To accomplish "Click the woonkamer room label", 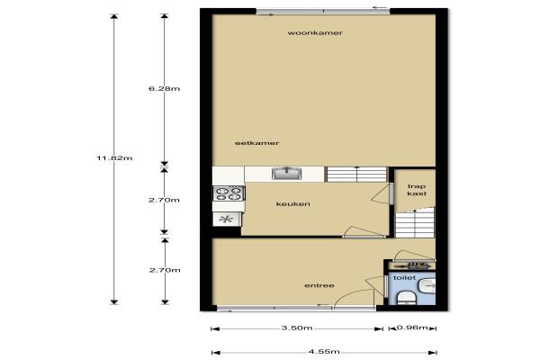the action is [315, 33].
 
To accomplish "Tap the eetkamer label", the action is [256, 143].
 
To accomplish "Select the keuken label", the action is [293, 204].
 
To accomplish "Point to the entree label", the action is [319, 285].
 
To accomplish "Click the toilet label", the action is [404, 278].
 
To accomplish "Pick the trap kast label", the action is [417, 190].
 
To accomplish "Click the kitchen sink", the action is [286, 174].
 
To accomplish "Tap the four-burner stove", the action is [229, 193].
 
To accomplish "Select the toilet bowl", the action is [407, 298].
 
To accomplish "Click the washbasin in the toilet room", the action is [427, 286].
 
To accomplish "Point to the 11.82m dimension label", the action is [114, 158].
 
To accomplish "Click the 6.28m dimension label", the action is [165, 88].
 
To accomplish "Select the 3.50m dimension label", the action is [297, 328].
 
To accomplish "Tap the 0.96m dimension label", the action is [412, 328].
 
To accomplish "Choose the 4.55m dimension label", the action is [324, 352].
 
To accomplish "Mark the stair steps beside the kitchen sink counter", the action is [356, 175].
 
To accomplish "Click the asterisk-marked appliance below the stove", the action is [226, 219].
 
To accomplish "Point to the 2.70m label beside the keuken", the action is [165, 200].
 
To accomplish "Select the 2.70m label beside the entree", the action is [165, 270].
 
